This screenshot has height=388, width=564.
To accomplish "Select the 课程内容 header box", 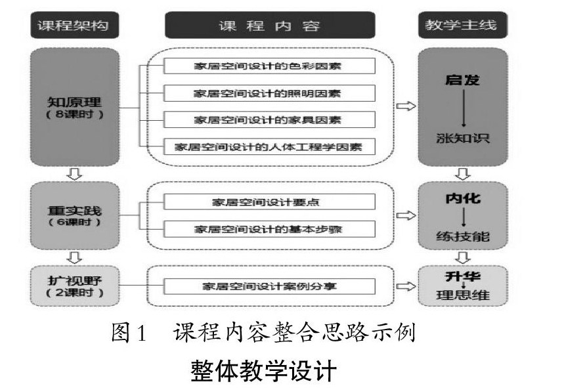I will (x=270, y=26).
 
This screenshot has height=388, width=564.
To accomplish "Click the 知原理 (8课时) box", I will (x=74, y=107).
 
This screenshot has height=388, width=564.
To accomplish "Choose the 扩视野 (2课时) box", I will (x=74, y=285).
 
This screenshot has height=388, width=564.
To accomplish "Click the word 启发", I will (x=463, y=81).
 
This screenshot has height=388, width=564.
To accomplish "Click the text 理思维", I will (x=463, y=295).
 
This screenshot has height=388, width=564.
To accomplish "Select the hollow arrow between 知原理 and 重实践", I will (x=74, y=173).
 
